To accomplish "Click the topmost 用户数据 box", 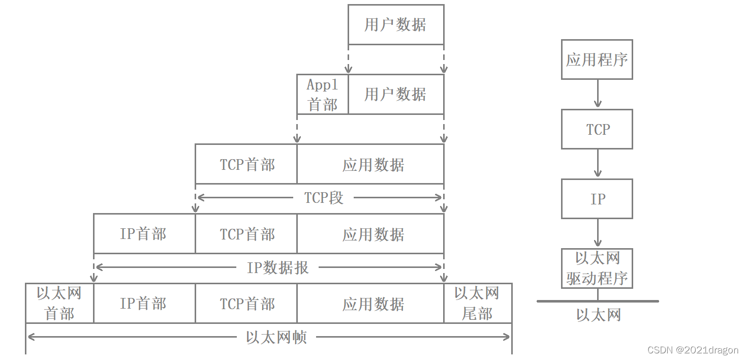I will tap(395, 24).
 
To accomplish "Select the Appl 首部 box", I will tap(323, 95).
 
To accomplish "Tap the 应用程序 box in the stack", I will tap(597, 59).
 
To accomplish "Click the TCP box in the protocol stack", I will tap(597, 129).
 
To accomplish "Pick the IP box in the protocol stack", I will tap(597, 199).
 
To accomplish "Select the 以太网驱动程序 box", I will tap(597, 268).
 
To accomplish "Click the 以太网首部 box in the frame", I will tap(59, 304).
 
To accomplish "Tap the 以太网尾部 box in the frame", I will tap(477, 304).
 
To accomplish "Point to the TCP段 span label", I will tap(324, 198).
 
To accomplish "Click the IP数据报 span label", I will tap(278, 267).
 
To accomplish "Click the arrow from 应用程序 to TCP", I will tap(598, 94).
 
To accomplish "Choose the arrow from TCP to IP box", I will tap(598, 164).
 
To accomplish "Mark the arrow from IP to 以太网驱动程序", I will tap(598, 233).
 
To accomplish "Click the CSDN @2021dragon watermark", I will tap(693, 350).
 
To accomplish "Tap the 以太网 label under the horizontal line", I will tap(599, 315).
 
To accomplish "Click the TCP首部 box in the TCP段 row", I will tap(246, 165).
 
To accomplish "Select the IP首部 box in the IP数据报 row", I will tap(144, 234).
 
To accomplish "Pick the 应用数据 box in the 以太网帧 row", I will tap(373, 304).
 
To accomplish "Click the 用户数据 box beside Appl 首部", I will tap(395, 95).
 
